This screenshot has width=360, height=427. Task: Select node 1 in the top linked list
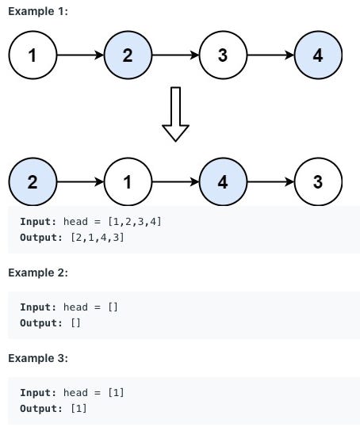click(x=33, y=55)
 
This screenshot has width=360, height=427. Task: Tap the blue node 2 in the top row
click(x=128, y=55)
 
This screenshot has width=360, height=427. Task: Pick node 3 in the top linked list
click(x=223, y=55)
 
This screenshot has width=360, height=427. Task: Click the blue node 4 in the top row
click(x=318, y=55)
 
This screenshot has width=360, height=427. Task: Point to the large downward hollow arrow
click(x=175, y=114)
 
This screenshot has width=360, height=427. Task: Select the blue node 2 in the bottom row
click(x=33, y=181)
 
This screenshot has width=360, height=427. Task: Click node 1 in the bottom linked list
click(x=128, y=181)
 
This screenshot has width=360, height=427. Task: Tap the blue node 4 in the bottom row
click(x=223, y=181)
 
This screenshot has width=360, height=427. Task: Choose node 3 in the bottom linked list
click(x=318, y=181)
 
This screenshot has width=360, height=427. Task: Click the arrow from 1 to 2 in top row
click(x=80, y=55)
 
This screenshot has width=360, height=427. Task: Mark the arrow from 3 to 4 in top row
click(x=270, y=55)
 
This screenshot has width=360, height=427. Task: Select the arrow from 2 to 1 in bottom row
click(x=80, y=181)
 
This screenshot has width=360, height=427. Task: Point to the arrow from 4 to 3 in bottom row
click(x=270, y=181)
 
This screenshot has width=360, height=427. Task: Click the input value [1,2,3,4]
click(x=134, y=222)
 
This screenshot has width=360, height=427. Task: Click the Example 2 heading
click(x=38, y=273)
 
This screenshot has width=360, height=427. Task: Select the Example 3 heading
click(x=38, y=358)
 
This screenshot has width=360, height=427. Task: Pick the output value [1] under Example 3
click(x=78, y=408)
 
